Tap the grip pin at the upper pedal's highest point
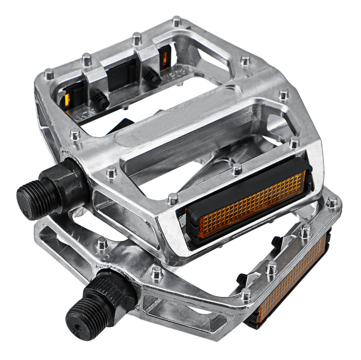coord(177,21)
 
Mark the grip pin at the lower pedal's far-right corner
coord(332,202)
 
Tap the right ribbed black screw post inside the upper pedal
coord(153,77)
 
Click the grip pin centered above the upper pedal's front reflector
coord(237,169)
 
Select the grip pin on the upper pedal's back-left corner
coord(49,74)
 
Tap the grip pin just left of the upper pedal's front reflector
coord(173,199)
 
